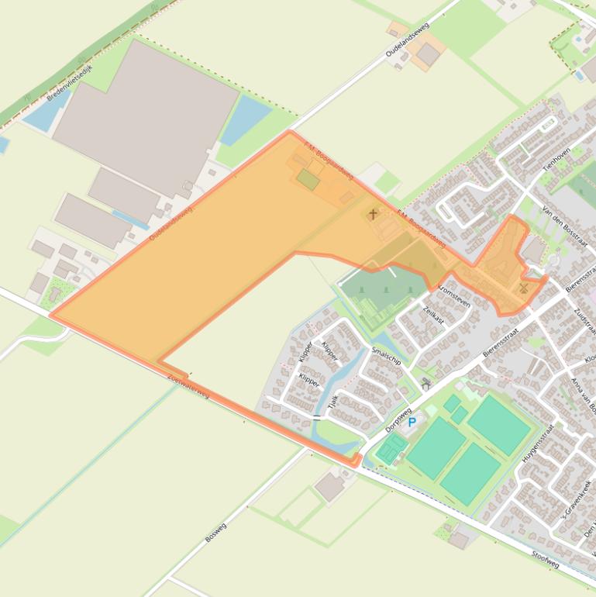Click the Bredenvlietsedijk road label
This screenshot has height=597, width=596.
pos(70,83)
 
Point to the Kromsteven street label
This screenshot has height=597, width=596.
pos(453,295)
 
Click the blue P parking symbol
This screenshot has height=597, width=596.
pos(412,423)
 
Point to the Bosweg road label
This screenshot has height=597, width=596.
pos(215,532)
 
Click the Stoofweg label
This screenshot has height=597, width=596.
pos(546,560)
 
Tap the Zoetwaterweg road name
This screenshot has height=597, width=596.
pos(188,383)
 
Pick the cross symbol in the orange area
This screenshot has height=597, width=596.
pos(373,214)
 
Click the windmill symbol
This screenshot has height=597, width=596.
pos(523,288)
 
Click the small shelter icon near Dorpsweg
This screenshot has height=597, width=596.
pos(425,384)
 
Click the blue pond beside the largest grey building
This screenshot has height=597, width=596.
pos(245,119)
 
